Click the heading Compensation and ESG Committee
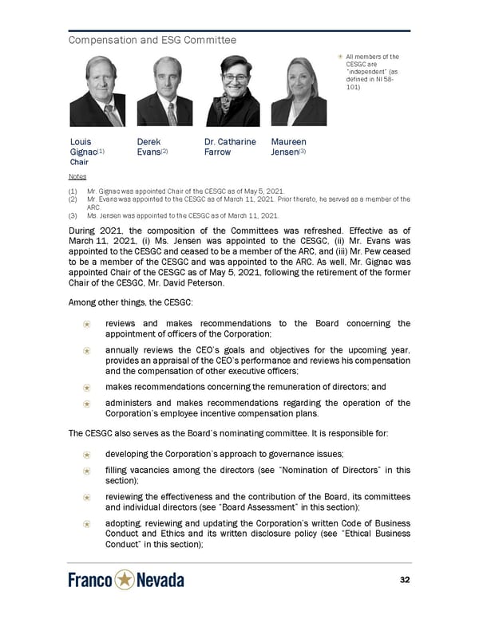coord(152,40)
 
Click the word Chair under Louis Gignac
coord(79,162)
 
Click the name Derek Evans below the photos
coord(152,147)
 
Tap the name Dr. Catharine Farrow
coord(230,147)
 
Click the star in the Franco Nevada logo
coord(124,580)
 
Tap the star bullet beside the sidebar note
coord(339,57)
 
